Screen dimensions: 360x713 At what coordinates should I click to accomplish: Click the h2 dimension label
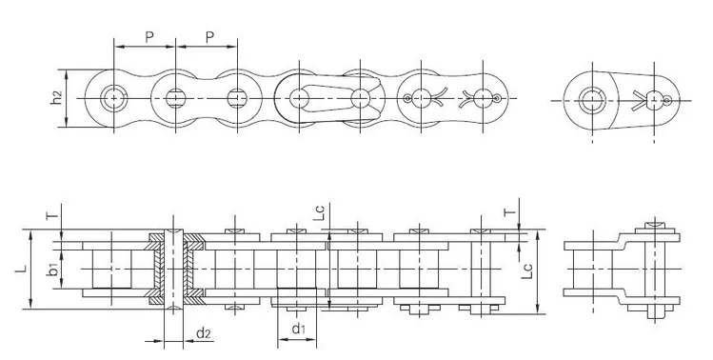pyautogui.click(x=57, y=97)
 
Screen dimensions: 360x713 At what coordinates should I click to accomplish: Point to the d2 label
pyautogui.click(x=203, y=331)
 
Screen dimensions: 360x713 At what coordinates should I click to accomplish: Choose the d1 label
pyautogui.click(x=297, y=330)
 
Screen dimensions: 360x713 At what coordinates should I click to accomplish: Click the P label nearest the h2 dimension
pyautogui.click(x=149, y=37)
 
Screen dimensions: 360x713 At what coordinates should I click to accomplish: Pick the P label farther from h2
pyautogui.click(x=208, y=37)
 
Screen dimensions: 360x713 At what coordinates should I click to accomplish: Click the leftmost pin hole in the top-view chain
pyautogui.click(x=114, y=97)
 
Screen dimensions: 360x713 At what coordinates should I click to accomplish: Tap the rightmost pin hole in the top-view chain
pyautogui.click(x=495, y=97)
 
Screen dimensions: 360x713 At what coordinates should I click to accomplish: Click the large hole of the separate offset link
pyautogui.click(x=593, y=97)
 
